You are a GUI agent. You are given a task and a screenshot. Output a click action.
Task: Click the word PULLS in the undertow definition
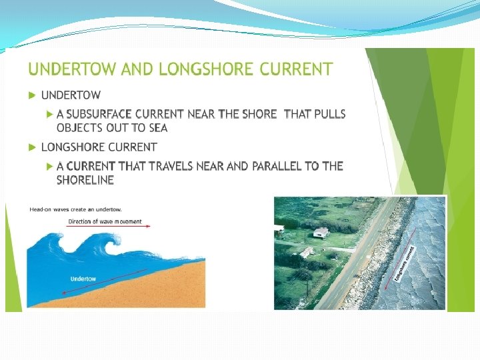pos(329,114)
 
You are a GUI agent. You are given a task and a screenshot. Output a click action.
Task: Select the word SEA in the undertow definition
pos(157,128)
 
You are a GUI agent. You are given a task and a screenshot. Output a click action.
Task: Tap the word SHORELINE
pos(85,180)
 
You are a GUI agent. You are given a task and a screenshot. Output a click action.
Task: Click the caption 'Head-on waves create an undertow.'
pos(75,209)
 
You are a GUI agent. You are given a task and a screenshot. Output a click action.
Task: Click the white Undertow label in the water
pos(83,279)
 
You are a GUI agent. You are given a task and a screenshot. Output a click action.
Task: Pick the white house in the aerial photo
pos(321,233)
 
